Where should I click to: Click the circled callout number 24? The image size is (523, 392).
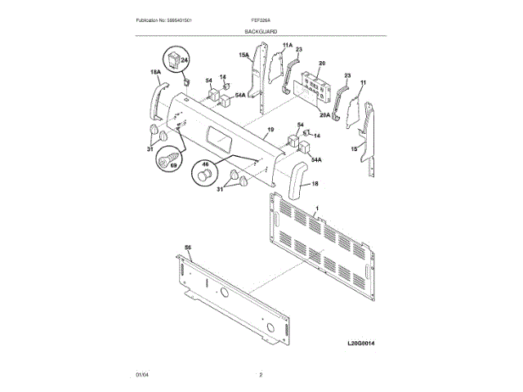click(x=184, y=60)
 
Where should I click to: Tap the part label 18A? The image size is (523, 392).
click(x=154, y=73)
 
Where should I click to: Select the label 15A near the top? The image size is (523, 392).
click(x=244, y=55)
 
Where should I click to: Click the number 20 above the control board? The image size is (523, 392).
click(x=321, y=63)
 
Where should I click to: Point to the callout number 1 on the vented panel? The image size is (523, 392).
click(x=316, y=209)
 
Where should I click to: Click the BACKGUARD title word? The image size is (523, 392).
click(x=261, y=31)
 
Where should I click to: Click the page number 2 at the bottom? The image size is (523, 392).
click(x=261, y=374)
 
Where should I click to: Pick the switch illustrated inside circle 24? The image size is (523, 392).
click(x=175, y=58)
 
